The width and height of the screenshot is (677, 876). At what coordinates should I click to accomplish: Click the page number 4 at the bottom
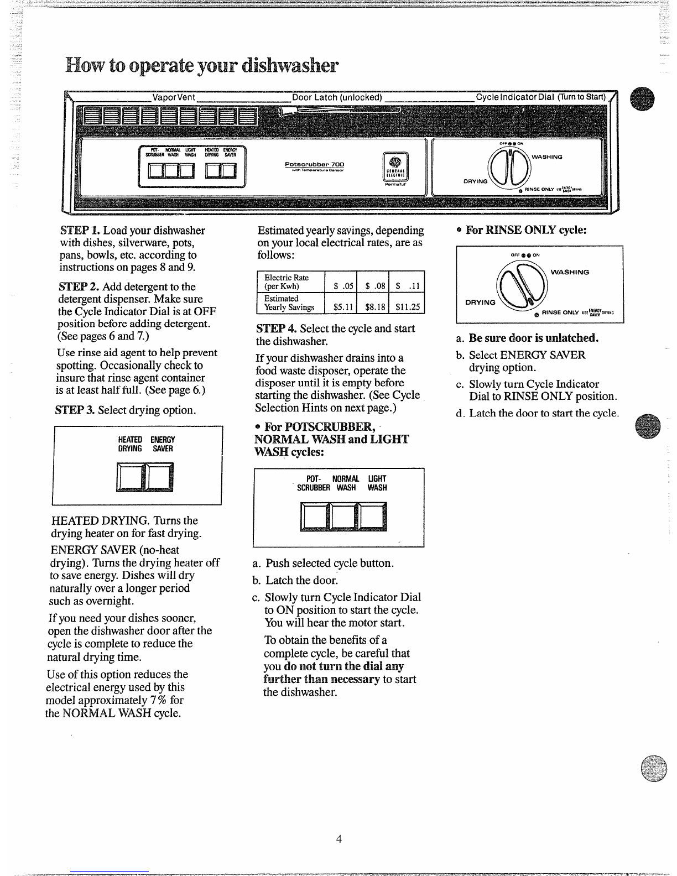(x=338, y=839)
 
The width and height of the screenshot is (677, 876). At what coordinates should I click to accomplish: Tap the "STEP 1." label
(x=80, y=230)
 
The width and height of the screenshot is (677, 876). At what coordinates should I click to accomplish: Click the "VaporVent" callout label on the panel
(x=174, y=97)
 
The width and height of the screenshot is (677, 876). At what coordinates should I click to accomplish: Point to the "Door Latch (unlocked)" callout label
(x=337, y=97)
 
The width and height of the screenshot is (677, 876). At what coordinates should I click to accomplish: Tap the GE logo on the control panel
(x=395, y=162)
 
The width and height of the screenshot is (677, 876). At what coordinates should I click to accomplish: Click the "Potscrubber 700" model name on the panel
(x=314, y=164)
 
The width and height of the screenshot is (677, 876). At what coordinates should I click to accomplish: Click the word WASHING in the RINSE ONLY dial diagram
(x=570, y=272)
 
